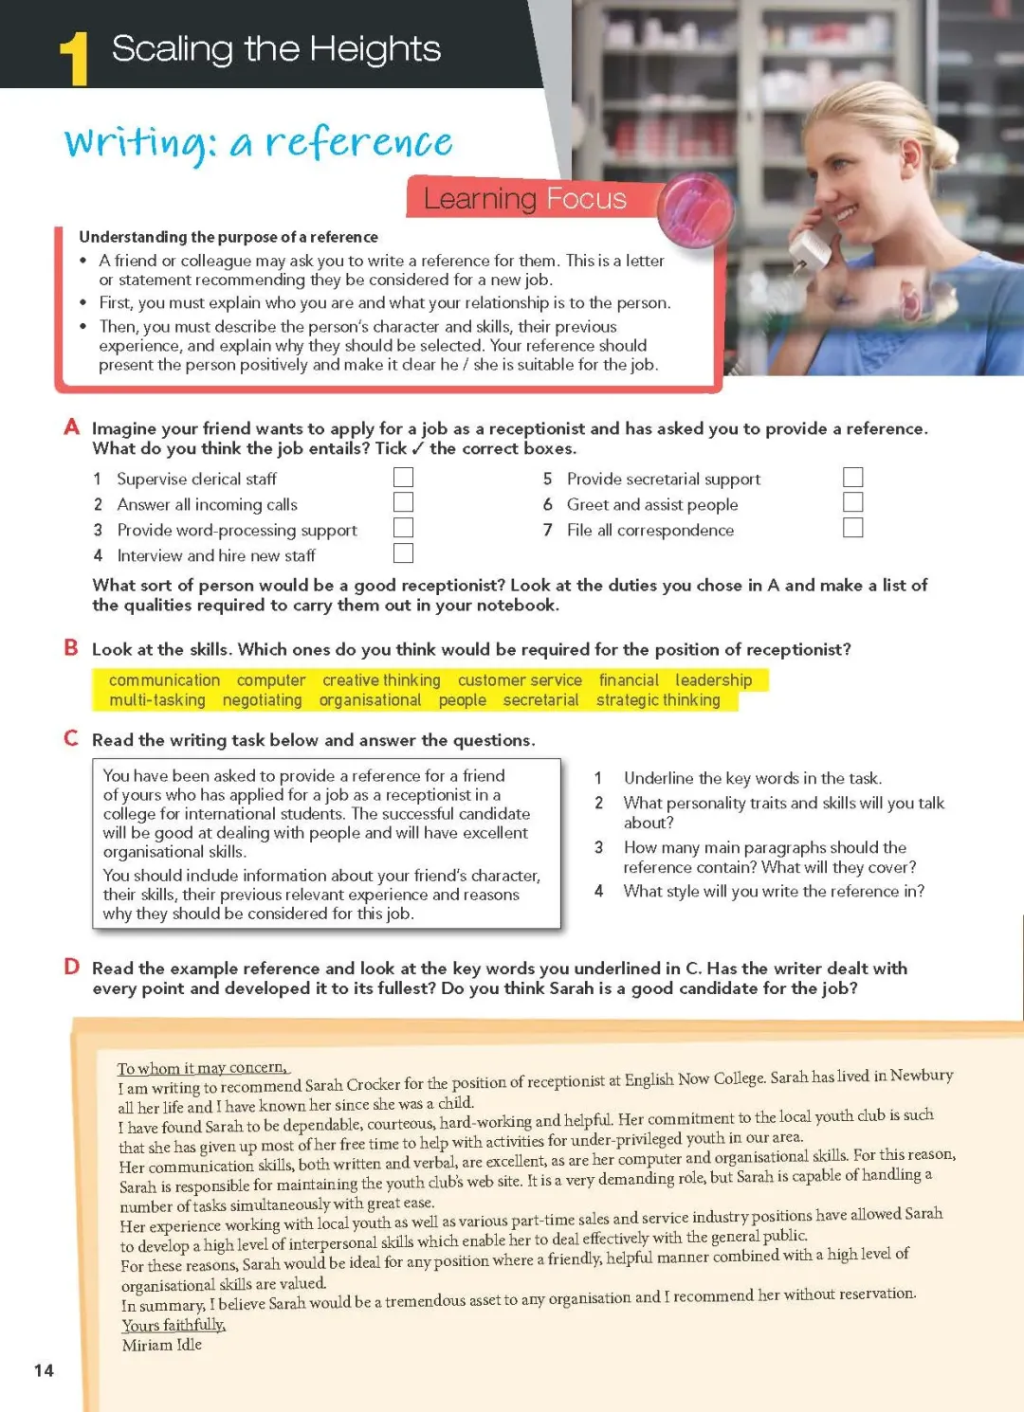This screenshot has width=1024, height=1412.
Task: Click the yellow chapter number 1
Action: pyautogui.click(x=74, y=59)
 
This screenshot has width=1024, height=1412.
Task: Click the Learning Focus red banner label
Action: pyautogui.click(x=524, y=198)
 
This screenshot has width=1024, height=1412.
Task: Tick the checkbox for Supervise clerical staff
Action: pyautogui.click(x=403, y=477)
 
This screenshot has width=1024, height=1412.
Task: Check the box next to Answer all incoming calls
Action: pyautogui.click(x=403, y=502)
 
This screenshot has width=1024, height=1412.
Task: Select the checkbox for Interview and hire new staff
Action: pyautogui.click(x=403, y=553)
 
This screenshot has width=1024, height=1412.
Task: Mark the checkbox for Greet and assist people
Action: pyautogui.click(x=853, y=502)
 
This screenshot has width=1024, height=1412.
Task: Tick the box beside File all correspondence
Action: pyautogui.click(x=853, y=528)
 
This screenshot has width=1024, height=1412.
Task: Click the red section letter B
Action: pyautogui.click(x=71, y=648)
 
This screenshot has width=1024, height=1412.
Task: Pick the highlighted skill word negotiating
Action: pyautogui.click(x=262, y=700)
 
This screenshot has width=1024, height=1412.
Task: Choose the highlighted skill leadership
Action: pyautogui.click(x=713, y=680)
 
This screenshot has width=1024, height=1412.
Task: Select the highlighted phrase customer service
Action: pyautogui.click(x=520, y=680)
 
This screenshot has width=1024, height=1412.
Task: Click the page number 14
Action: pyautogui.click(x=44, y=1370)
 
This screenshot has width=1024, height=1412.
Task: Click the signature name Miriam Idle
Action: pyautogui.click(x=162, y=1345)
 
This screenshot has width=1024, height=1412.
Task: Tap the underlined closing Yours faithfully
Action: pyautogui.click(x=174, y=1325)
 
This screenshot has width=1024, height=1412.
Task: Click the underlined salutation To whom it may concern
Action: pyautogui.click(x=202, y=1068)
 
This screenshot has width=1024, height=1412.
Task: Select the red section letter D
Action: pyautogui.click(x=72, y=967)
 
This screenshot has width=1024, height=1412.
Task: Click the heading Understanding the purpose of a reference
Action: pyautogui.click(x=229, y=237)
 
